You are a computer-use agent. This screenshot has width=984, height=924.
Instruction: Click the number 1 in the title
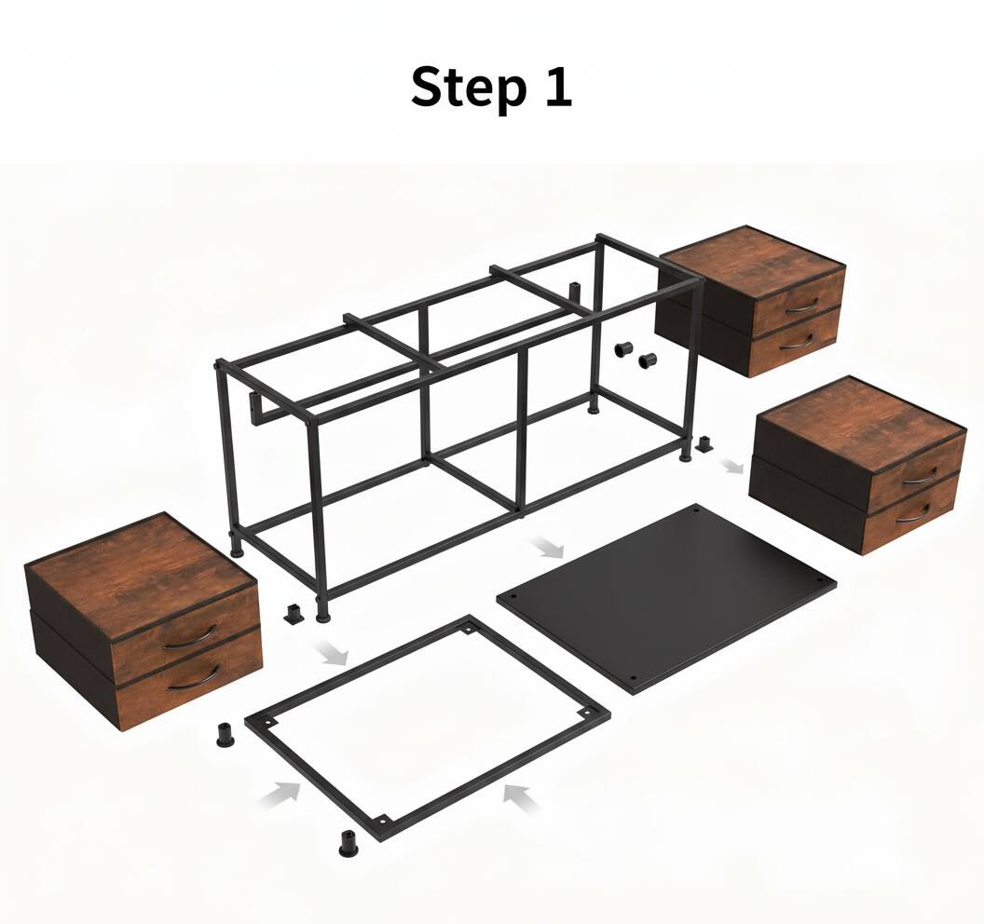coord(556,87)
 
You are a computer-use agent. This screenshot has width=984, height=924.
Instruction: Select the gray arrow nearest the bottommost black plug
coord(281,794)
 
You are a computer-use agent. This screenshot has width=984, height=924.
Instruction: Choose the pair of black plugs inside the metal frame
coord(635,354)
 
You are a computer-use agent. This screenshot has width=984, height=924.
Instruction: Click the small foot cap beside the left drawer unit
coord(294,613)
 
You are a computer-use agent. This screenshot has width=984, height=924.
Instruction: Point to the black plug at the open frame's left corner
coord(226,733)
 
